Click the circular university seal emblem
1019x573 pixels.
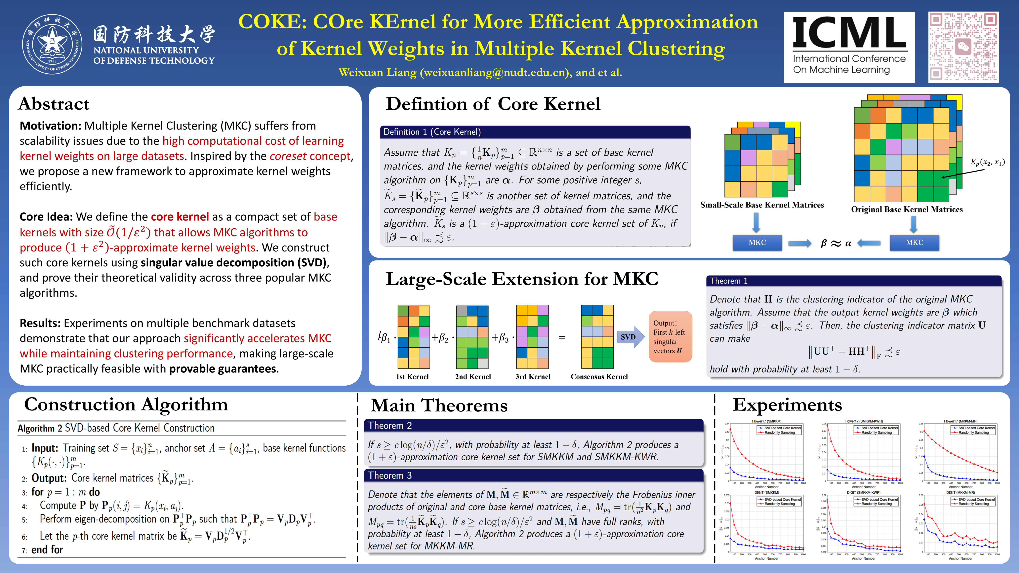[x=52, y=44]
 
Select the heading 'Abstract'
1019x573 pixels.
[x=54, y=104]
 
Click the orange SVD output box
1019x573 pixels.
[x=670, y=336]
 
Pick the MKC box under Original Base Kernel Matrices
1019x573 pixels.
[x=914, y=242]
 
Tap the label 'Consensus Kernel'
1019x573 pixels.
[x=599, y=376]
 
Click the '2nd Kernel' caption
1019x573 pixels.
[x=473, y=376]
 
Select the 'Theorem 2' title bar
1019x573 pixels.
[x=533, y=426]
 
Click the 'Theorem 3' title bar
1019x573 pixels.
[x=533, y=475]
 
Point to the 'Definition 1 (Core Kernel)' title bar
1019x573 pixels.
[x=535, y=132]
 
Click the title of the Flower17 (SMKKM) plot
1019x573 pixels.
[x=766, y=421]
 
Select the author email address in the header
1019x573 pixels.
[x=496, y=72]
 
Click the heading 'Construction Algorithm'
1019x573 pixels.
[x=126, y=404]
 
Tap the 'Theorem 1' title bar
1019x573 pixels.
[x=853, y=281]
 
